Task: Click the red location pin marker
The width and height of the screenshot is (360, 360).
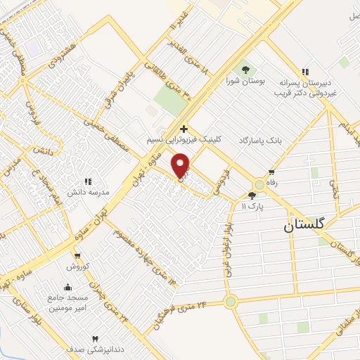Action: point(181,165)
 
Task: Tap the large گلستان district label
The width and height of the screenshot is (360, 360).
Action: point(304,225)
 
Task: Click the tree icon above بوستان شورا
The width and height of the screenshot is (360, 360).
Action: point(245,70)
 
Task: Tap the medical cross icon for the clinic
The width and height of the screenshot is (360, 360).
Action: point(184,129)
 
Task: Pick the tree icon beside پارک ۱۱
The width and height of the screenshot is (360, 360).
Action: point(252,195)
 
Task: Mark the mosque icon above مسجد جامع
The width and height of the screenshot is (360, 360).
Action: point(67,287)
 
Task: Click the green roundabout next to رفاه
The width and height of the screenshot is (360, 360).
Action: point(259,184)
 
